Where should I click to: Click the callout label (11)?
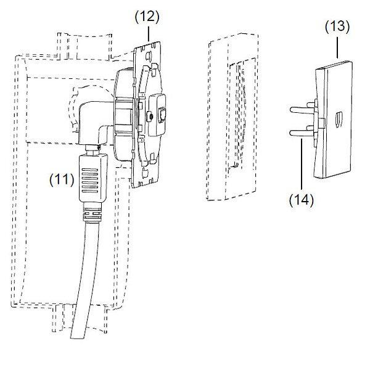point(62,180)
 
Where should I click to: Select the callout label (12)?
point(147,17)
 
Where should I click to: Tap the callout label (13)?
point(337,27)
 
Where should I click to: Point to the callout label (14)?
point(300,200)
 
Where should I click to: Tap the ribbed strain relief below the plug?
point(91,216)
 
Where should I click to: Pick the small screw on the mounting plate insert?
point(150,116)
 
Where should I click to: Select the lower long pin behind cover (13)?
point(301,133)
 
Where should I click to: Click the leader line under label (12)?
point(147,34)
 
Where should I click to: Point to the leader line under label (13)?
point(338,46)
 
